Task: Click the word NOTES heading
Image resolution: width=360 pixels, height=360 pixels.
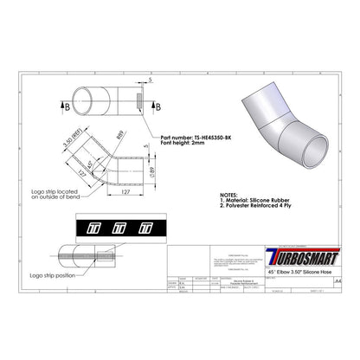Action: pyautogui.click(x=229, y=197)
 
